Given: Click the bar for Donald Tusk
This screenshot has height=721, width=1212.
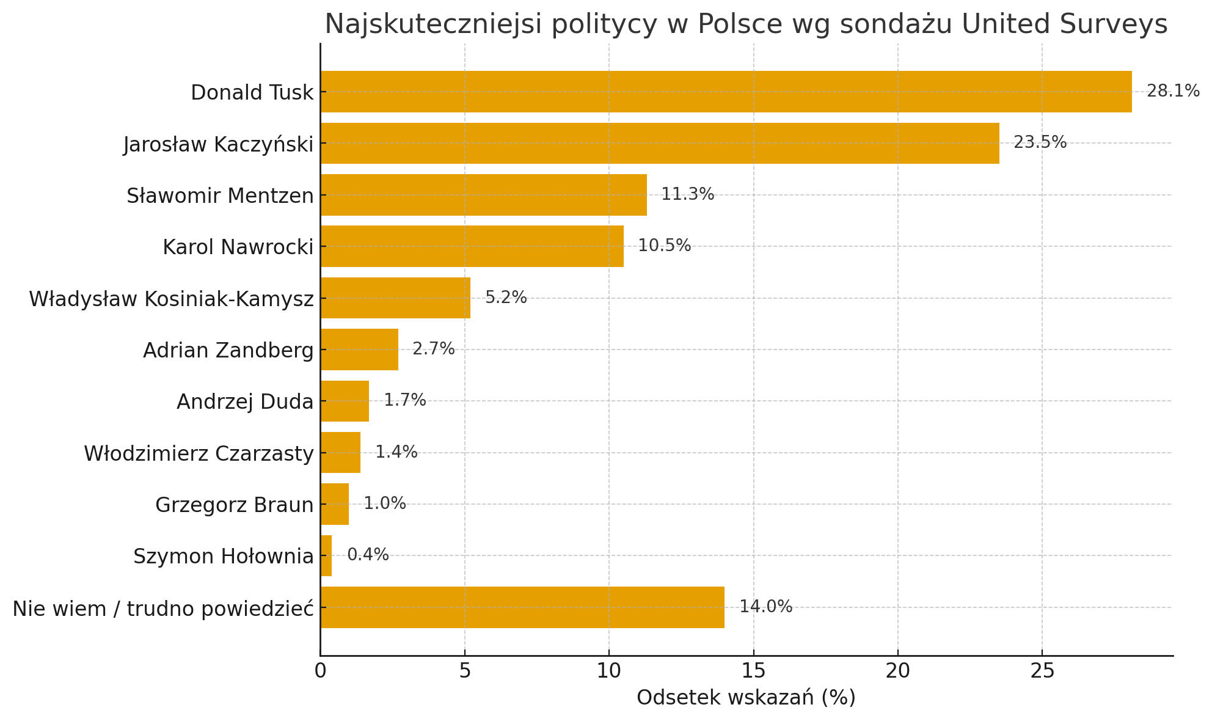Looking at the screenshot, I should tap(726, 92).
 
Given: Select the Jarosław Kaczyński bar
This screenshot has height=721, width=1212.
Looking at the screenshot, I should tap(660, 143).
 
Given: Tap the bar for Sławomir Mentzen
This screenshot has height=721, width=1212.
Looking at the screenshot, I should tap(483, 195).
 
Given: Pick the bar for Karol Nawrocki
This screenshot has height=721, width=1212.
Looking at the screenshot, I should tap(472, 246).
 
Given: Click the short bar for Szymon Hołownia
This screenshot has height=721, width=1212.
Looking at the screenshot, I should tap(326, 555).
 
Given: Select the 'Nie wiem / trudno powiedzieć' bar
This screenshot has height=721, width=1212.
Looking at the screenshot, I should tap(522, 607).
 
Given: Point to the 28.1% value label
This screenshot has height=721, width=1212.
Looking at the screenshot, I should tap(1173, 92).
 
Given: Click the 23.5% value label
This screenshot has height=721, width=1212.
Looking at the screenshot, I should tap(1040, 143).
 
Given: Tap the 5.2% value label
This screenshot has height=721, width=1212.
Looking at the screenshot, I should tap(506, 298).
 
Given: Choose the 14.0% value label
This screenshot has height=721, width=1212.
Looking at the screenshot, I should tap(765, 607).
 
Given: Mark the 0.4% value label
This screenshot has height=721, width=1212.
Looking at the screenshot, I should tap(368, 555).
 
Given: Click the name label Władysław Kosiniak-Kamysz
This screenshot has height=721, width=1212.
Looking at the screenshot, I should tap(171, 299).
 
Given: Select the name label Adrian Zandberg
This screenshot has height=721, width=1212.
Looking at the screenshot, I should tap(228, 351).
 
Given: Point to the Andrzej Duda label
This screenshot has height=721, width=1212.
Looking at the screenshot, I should tap(244, 402).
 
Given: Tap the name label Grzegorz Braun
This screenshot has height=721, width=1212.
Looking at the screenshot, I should tap(234, 505).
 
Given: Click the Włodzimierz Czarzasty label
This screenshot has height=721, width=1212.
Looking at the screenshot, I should tap(199, 454).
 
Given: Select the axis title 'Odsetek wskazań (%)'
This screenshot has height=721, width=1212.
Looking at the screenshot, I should tap(746, 698).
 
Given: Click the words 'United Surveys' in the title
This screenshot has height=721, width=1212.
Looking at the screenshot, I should tap(1064, 24).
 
